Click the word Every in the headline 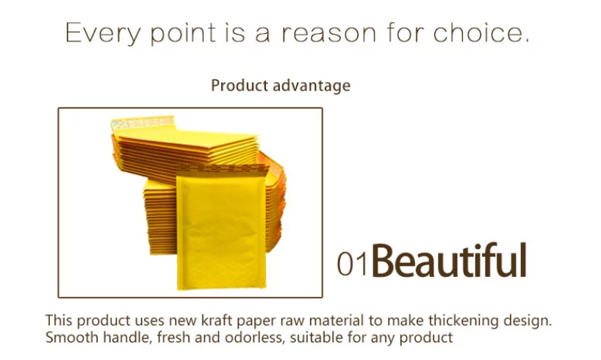point(103,33)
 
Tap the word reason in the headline point(329,33)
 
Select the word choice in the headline point(481,32)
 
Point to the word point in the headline point(183,34)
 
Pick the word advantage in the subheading point(312,85)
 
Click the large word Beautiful point(449,260)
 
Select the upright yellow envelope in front point(221,228)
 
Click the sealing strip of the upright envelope point(222,169)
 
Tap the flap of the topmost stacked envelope point(143,123)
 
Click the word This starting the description point(59,320)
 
